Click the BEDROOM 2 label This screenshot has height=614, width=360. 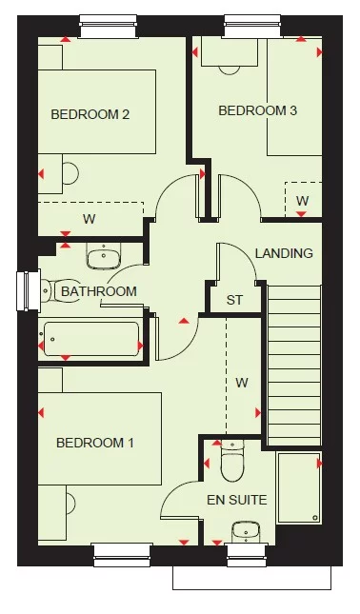[x=90, y=114]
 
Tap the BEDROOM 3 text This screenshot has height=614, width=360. [x=257, y=110]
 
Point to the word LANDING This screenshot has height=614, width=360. [x=284, y=253]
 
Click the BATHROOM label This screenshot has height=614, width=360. [x=98, y=291]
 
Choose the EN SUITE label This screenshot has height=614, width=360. [x=236, y=499]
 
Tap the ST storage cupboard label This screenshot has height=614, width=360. [x=234, y=301]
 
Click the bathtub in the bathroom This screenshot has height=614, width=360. [x=91, y=339]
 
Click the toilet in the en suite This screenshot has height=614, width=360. [x=232, y=464]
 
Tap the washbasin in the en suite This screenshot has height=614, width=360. [x=246, y=531]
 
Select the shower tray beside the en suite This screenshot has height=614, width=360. [x=299, y=487]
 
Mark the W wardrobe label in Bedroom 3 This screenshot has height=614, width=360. [x=302, y=200]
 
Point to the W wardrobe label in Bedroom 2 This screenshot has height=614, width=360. [x=89, y=219]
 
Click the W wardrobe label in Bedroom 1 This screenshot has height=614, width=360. [x=242, y=383]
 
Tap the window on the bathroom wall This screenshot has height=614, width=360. [x=24, y=291]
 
